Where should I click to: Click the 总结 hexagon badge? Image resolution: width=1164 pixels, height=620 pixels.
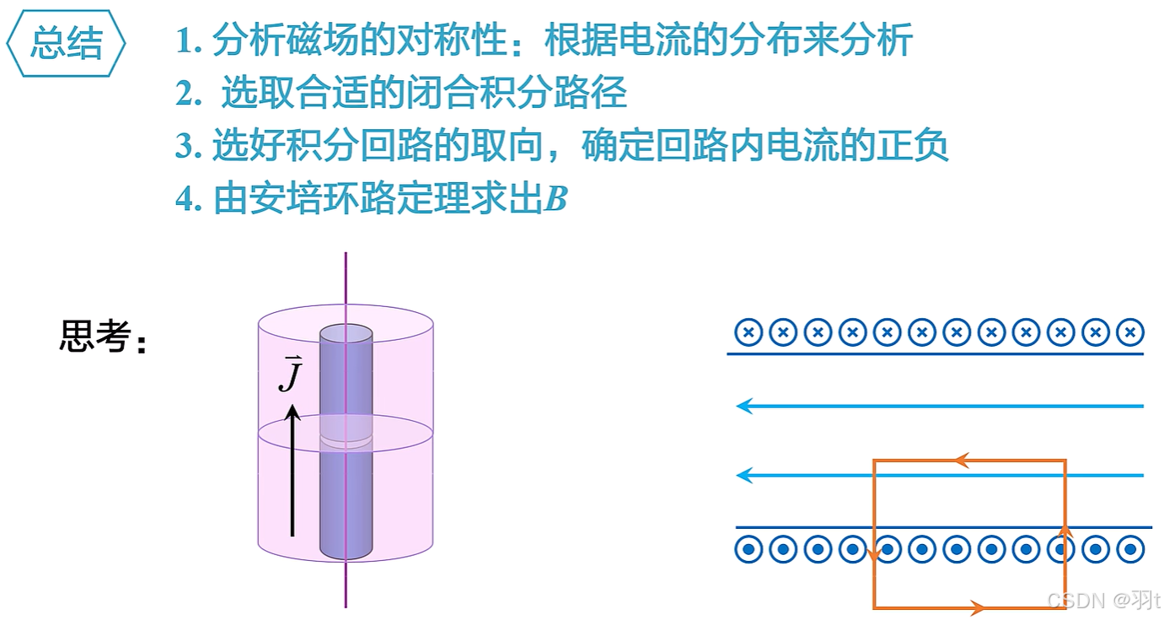coord(67,43)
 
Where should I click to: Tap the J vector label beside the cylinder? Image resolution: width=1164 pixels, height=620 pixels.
coord(289,374)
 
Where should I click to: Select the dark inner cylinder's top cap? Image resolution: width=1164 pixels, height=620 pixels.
coord(346,333)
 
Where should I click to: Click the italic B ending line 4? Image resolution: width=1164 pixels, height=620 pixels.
coord(555,200)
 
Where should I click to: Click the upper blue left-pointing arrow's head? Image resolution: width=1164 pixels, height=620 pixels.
coord(743,407)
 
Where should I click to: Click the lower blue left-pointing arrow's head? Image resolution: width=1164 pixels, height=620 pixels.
coord(743,476)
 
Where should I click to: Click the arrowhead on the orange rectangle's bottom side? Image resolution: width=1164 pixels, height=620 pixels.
coord(977,607)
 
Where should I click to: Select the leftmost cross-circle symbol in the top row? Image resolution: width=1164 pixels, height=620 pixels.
coord(748,332)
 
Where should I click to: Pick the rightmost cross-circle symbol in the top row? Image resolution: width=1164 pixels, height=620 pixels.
coord(1130,332)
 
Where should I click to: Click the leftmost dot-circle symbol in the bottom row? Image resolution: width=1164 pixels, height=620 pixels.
coord(748,550)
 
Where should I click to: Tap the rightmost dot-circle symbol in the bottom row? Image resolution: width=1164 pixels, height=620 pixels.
coord(1130,550)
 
